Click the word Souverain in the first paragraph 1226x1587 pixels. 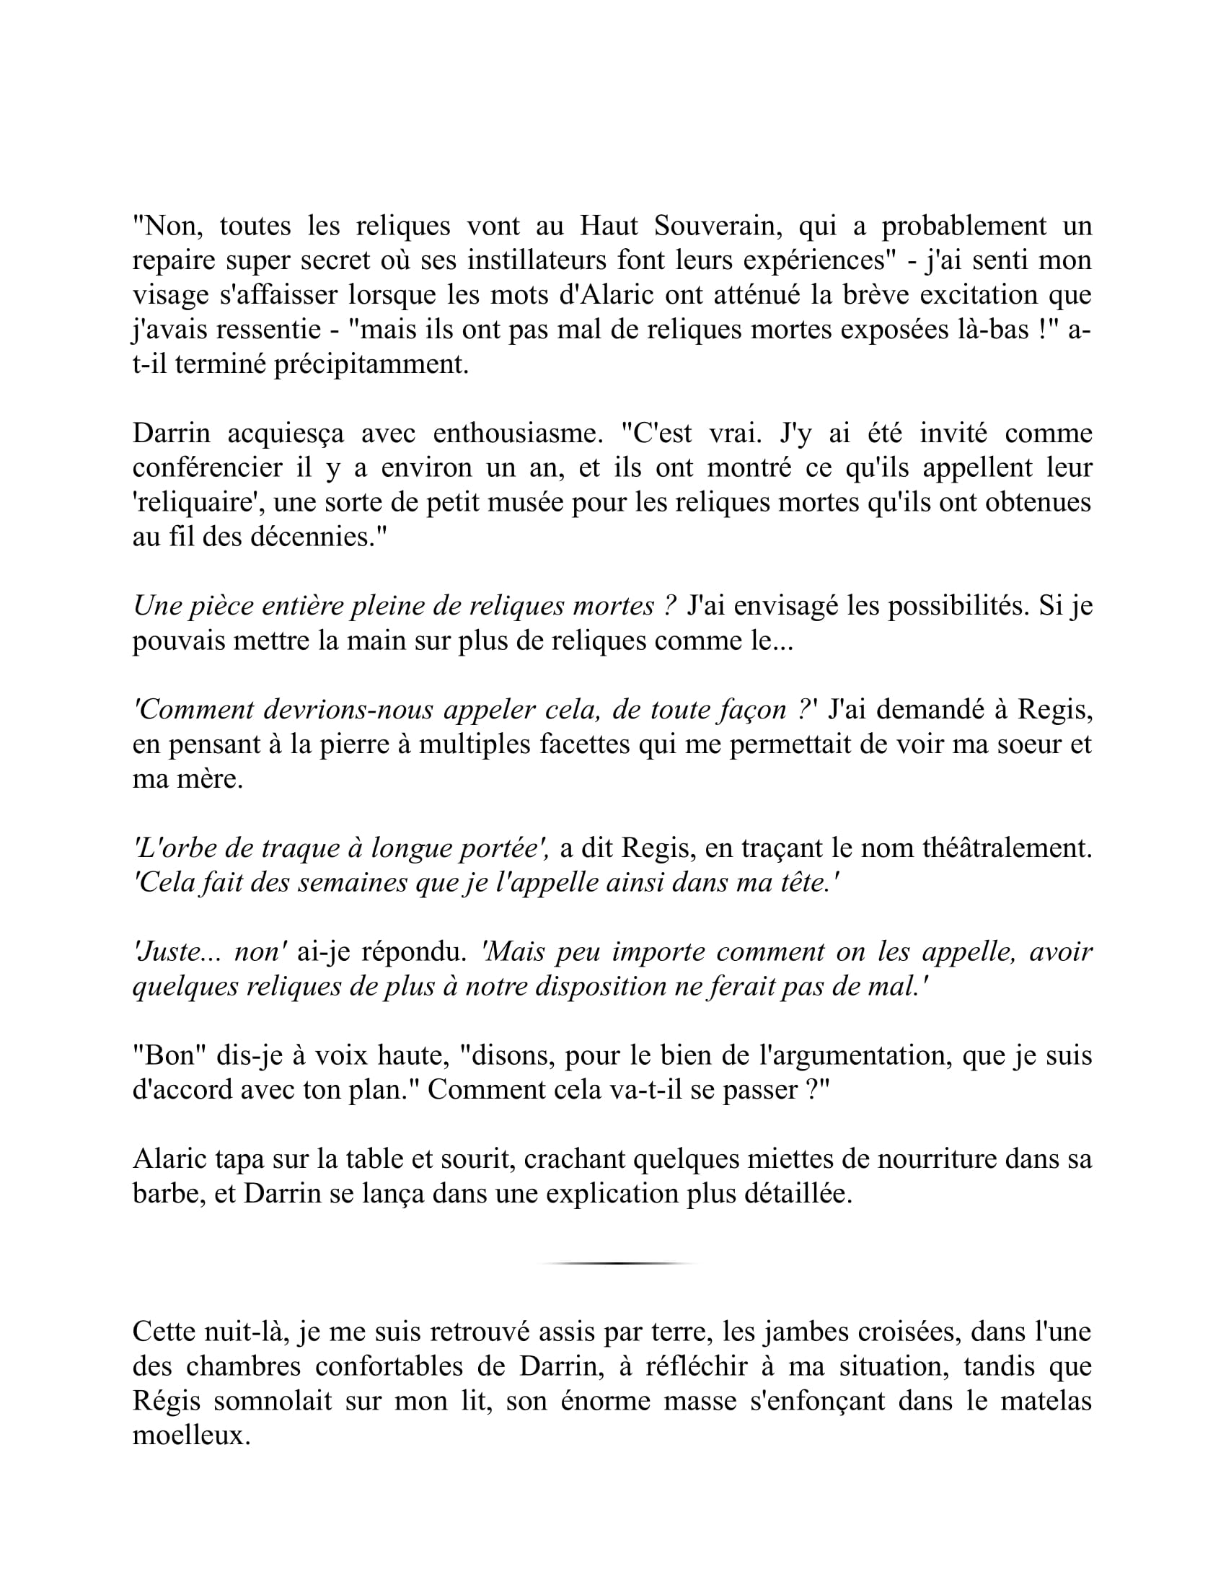pos(718,227)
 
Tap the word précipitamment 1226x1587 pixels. pos(371,365)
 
